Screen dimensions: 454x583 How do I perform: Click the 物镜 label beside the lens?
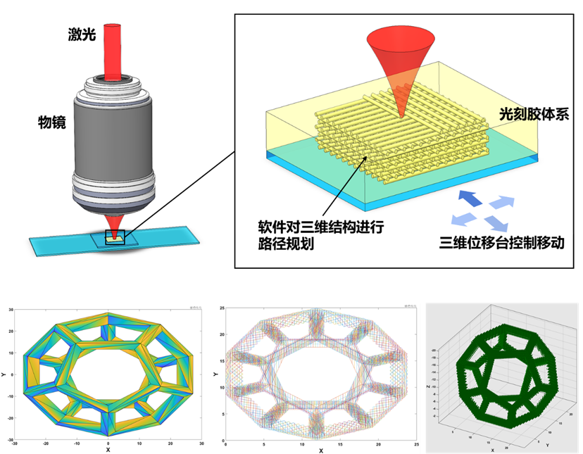coord(51,122)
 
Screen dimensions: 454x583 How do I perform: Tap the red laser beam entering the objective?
coord(113,49)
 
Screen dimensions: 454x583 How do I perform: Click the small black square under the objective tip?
coord(115,238)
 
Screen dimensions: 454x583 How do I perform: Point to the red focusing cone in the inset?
coord(399,67)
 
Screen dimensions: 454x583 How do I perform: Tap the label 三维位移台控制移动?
coord(501,244)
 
